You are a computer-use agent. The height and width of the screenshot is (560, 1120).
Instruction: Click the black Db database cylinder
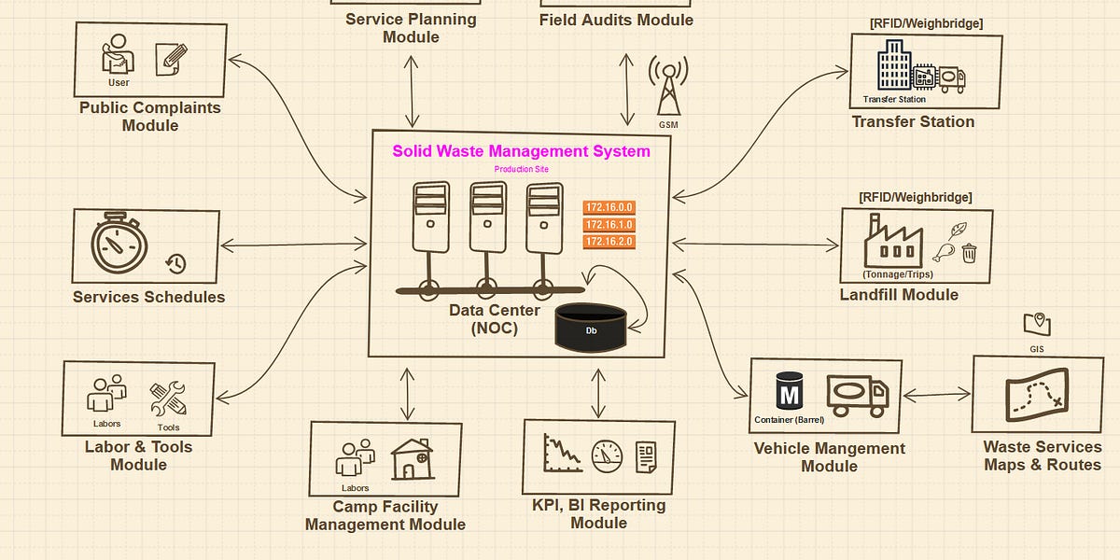point(591,329)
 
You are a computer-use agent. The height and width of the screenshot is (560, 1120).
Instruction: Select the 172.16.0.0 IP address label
point(609,207)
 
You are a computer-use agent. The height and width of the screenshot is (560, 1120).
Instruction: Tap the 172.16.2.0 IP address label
point(609,242)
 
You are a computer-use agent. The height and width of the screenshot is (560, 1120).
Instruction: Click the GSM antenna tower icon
point(668,88)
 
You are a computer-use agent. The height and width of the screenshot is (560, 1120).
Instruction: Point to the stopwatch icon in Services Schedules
point(119,245)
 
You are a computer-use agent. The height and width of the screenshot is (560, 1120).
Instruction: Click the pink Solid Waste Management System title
point(521,151)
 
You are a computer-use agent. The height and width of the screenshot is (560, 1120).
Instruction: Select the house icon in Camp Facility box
point(412,458)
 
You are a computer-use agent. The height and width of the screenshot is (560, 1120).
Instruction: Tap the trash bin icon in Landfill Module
point(969,252)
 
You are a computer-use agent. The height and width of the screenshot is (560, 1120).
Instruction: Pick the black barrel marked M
point(789,394)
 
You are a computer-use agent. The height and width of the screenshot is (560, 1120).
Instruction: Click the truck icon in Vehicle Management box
point(857,396)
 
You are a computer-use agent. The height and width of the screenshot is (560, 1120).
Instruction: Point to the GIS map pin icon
point(1036,325)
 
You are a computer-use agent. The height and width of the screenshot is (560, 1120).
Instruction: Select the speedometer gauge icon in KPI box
point(607,455)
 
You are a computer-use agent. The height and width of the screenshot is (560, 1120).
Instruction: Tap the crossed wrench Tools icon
point(168,399)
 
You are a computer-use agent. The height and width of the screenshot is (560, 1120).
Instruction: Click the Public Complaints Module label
point(150,117)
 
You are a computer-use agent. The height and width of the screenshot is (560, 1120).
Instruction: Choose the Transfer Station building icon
point(893,69)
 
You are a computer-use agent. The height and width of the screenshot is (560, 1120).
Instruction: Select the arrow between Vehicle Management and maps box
point(937,396)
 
